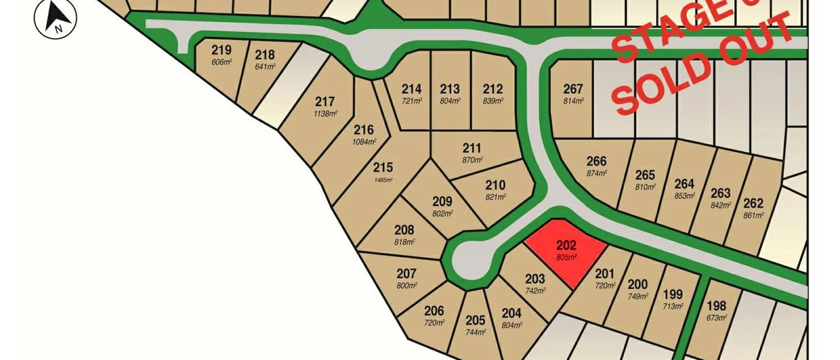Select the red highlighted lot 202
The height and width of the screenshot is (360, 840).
tap(565, 250)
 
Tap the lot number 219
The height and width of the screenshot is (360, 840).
tap(221, 50)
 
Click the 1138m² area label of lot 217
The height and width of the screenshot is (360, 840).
tap(325, 113)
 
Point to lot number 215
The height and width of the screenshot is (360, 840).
tap(383, 167)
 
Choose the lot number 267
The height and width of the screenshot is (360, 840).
tap(573, 89)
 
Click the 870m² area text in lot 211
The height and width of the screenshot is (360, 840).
tap(472, 160)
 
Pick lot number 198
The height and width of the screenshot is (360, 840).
tap(716, 305)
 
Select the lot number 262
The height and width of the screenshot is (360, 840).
tap(753, 203)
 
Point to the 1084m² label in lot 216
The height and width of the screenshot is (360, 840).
tap(363, 142)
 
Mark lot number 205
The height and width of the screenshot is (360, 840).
tap(475, 320)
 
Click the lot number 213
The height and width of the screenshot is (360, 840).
tap(450, 89)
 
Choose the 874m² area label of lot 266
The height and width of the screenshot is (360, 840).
tap(596, 173)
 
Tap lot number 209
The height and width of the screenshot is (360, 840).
tap(442, 201)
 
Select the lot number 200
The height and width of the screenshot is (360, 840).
tap(637, 284)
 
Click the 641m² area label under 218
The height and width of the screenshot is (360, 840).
tap(265, 66)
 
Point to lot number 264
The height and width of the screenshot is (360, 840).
tap(684, 184)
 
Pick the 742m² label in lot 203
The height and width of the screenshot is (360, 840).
tap(535, 290)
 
